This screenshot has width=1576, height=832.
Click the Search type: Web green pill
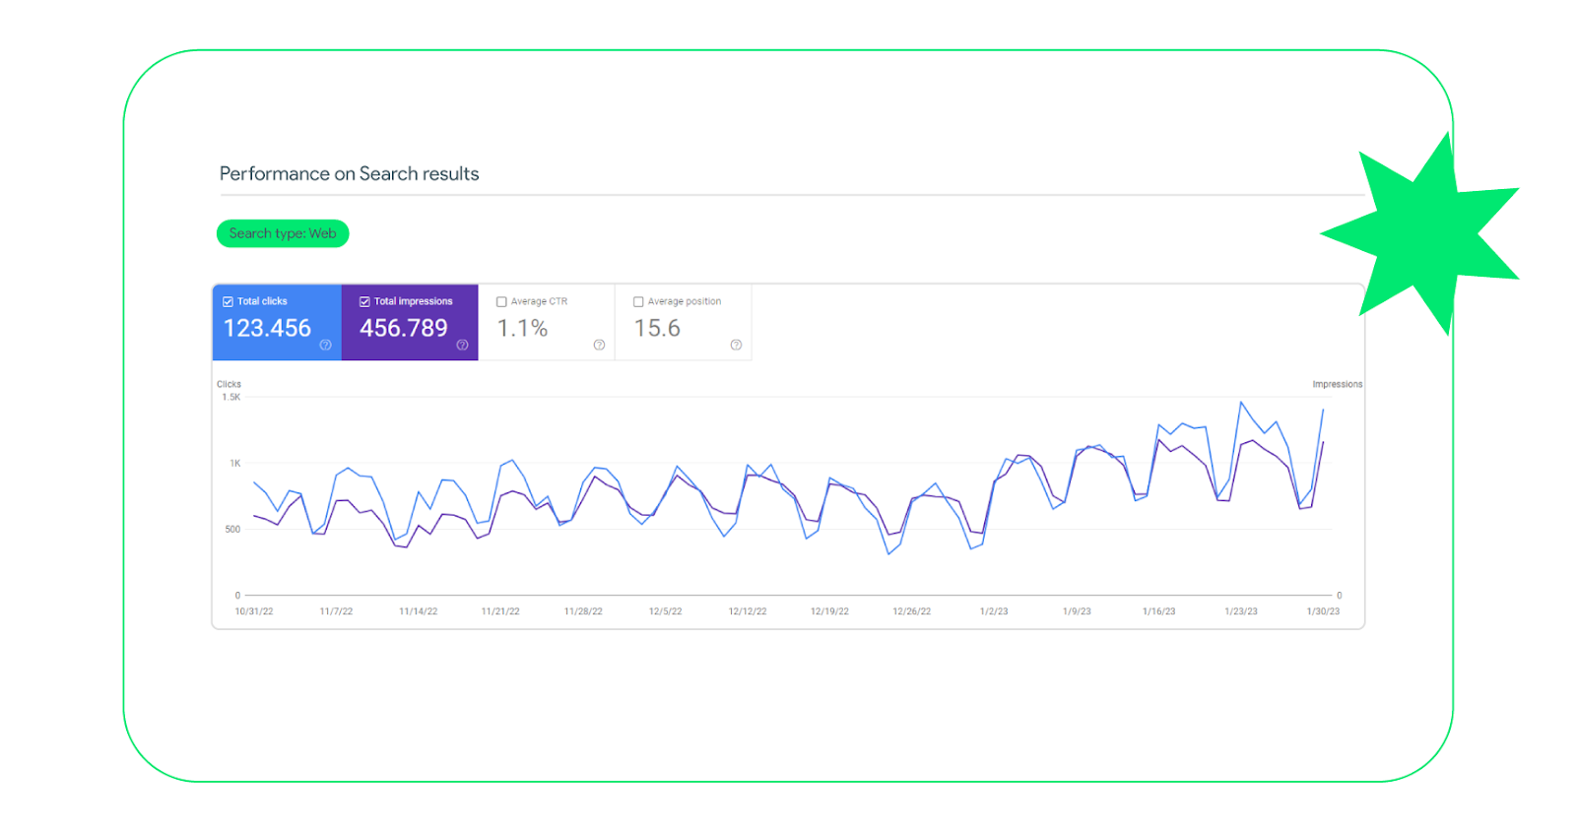click(283, 233)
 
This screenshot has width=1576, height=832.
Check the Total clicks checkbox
click(228, 301)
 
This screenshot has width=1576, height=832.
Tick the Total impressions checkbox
click(364, 301)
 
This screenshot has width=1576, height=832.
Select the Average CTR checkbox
click(501, 301)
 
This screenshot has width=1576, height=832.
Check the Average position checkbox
click(638, 301)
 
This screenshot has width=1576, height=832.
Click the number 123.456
click(267, 329)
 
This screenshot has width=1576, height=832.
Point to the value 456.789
click(403, 329)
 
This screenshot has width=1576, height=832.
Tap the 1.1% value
click(522, 329)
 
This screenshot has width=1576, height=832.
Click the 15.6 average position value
click(657, 329)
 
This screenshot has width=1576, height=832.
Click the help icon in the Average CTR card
click(600, 345)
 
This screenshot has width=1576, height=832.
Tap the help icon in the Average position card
click(736, 345)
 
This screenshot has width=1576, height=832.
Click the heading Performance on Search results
click(349, 173)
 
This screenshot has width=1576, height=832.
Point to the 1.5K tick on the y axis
click(231, 398)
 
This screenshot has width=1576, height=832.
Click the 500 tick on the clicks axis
click(232, 530)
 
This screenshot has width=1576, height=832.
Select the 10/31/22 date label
click(254, 611)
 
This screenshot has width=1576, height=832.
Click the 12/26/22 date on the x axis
click(912, 611)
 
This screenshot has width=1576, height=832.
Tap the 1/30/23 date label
click(1323, 611)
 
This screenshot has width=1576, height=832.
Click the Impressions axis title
click(1338, 384)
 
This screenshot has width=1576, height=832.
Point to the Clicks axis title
click(229, 384)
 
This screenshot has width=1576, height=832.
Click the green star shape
click(1424, 235)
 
